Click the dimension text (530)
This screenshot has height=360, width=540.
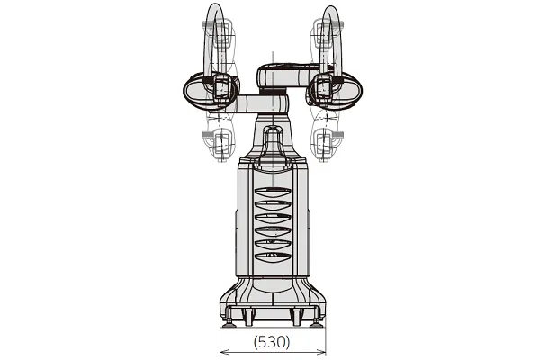[271, 342]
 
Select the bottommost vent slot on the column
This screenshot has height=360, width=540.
[272, 257]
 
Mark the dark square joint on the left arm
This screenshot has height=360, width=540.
[218, 87]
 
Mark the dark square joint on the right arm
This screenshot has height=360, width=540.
[322, 87]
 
